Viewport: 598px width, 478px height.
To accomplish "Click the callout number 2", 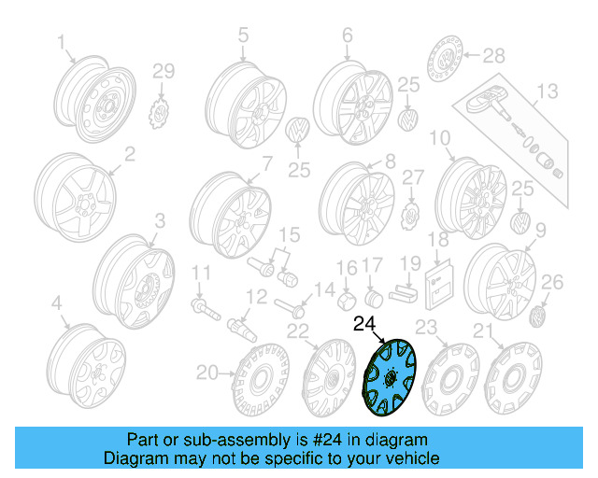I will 129,152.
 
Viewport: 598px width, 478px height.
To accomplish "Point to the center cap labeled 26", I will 539,319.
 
